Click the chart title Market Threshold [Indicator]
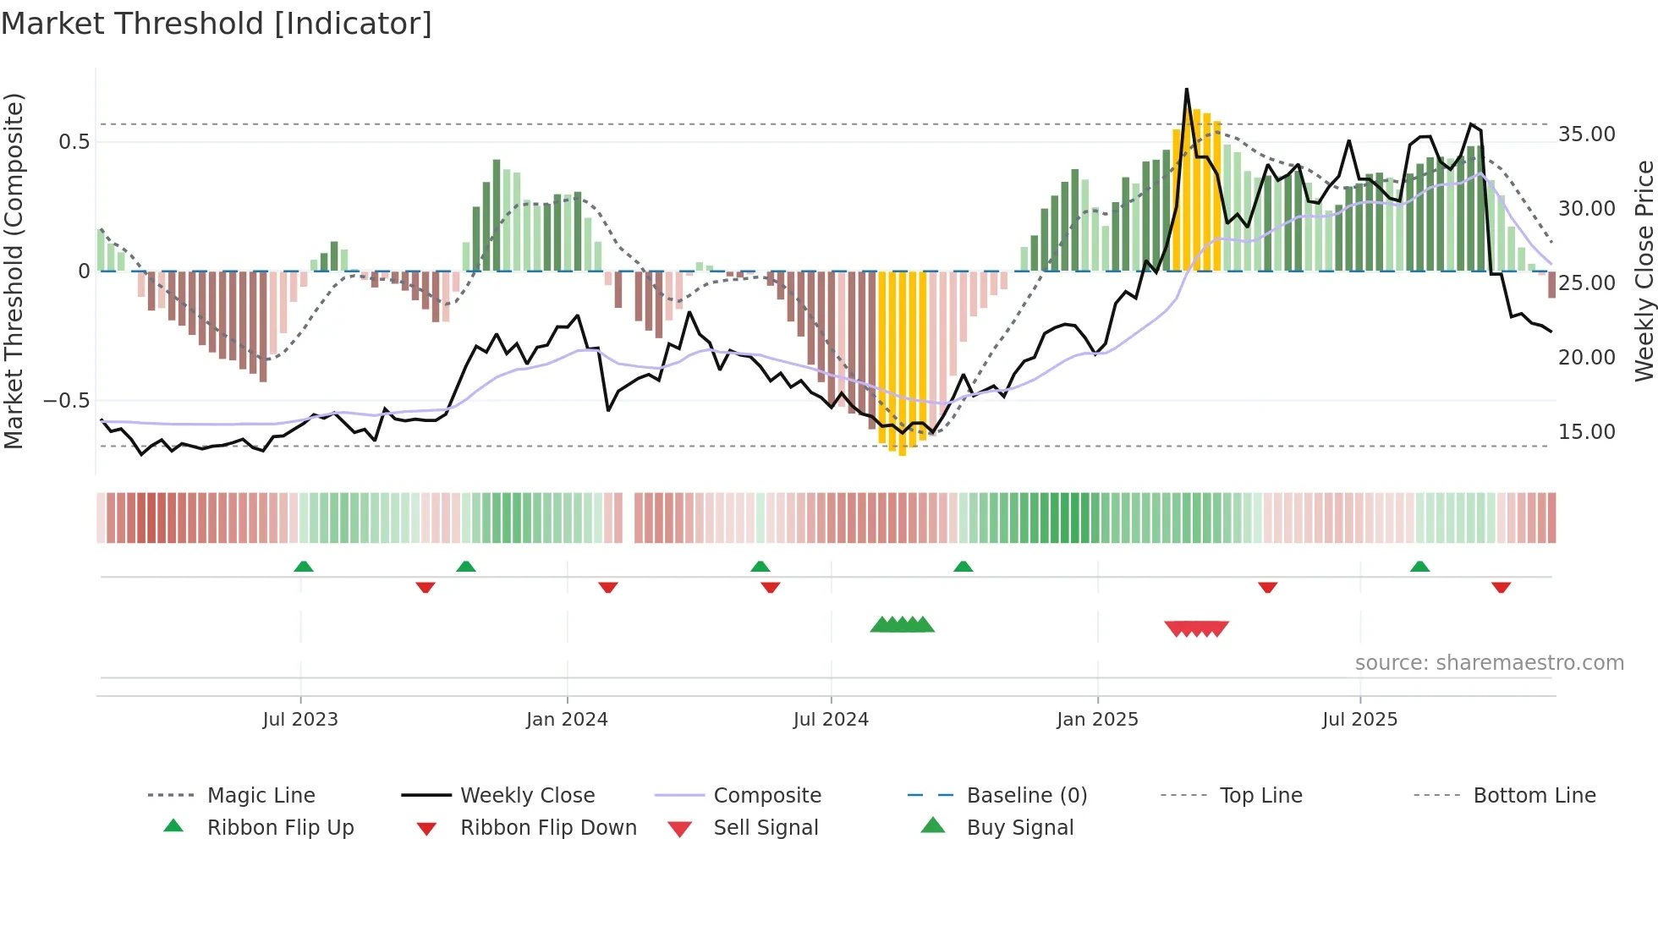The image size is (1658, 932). click(x=217, y=24)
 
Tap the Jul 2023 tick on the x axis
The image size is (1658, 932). click(x=300, y=719)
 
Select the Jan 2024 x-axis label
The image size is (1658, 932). click(x=567, y=719)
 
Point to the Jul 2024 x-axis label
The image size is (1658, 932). click(x=831, y=719)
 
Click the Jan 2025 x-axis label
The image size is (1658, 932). click(x=1097, y=719)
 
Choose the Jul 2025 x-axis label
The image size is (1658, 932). click(x=1359, y=719)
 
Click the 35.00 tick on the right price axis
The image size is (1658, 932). click(x=1586, y=134)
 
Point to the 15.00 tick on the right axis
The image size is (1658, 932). click(x=1586, y=432)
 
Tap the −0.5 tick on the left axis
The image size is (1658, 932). click(x=66, y=401)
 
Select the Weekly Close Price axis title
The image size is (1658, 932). click(x=1644, y=271)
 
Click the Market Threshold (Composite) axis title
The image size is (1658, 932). click(x=14, y=271)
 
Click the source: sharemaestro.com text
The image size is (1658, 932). click(x=1489, y=663)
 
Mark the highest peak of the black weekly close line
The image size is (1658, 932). click(x=1186, y=90)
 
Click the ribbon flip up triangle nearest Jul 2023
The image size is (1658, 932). click(x=304, y=567)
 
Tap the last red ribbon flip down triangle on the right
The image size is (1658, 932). click(x=1501, y=587)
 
